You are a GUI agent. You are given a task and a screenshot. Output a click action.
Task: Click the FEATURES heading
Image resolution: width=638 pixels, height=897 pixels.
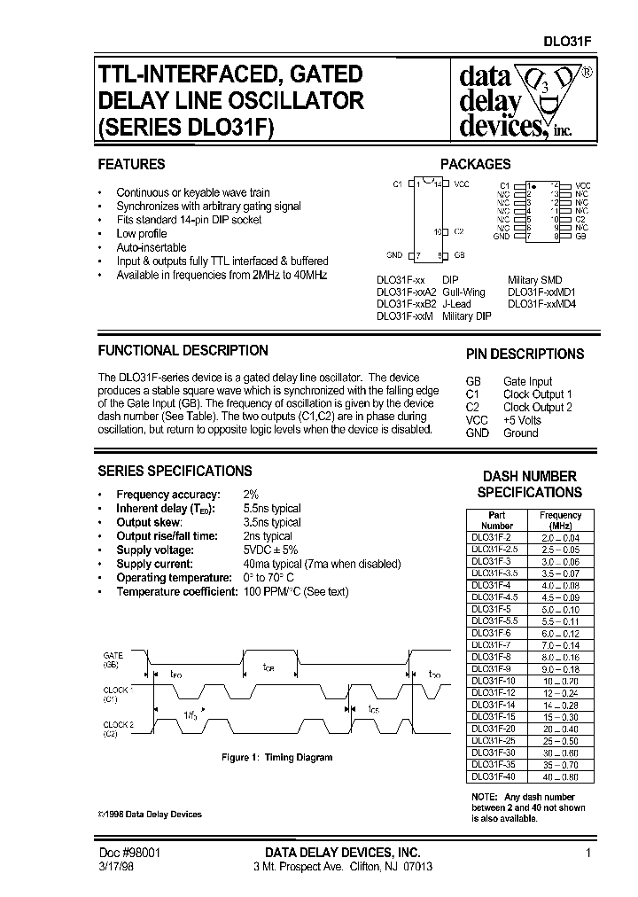click(131, 164)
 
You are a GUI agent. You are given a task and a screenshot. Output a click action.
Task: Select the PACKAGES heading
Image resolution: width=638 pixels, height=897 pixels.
click(476, 164)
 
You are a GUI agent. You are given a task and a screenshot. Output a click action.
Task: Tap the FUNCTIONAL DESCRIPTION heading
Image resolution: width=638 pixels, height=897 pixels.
click(183, 350)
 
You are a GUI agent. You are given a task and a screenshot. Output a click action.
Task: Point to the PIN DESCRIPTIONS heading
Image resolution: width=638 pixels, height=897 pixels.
click(525, 354)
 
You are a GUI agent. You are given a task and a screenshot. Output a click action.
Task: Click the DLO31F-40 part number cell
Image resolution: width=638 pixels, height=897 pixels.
click(495, 776)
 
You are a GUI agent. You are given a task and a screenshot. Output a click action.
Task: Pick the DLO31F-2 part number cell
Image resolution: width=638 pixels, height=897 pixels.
click(495, 537)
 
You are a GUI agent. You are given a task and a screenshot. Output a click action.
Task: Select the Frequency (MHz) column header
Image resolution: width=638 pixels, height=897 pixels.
click(560, 520)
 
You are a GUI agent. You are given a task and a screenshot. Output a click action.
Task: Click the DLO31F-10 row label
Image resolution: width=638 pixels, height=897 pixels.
click(495, 681)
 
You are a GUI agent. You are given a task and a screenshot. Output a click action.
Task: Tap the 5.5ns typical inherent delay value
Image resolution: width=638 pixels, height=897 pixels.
click(272, 509)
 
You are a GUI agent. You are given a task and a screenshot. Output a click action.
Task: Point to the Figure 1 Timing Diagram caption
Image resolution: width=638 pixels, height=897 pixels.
click(276, 758)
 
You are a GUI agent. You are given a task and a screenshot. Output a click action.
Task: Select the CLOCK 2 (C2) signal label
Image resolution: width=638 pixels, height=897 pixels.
click(113, 729)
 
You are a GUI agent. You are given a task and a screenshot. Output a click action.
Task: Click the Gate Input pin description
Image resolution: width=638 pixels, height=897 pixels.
click(527, 382)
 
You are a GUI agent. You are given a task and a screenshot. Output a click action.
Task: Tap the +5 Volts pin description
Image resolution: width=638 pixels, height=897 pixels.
click(522, 420)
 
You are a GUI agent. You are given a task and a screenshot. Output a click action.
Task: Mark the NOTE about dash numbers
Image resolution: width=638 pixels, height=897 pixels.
click(528, 807)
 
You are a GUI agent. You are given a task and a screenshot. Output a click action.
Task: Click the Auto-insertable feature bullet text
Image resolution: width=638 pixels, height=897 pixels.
click(152, 247)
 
